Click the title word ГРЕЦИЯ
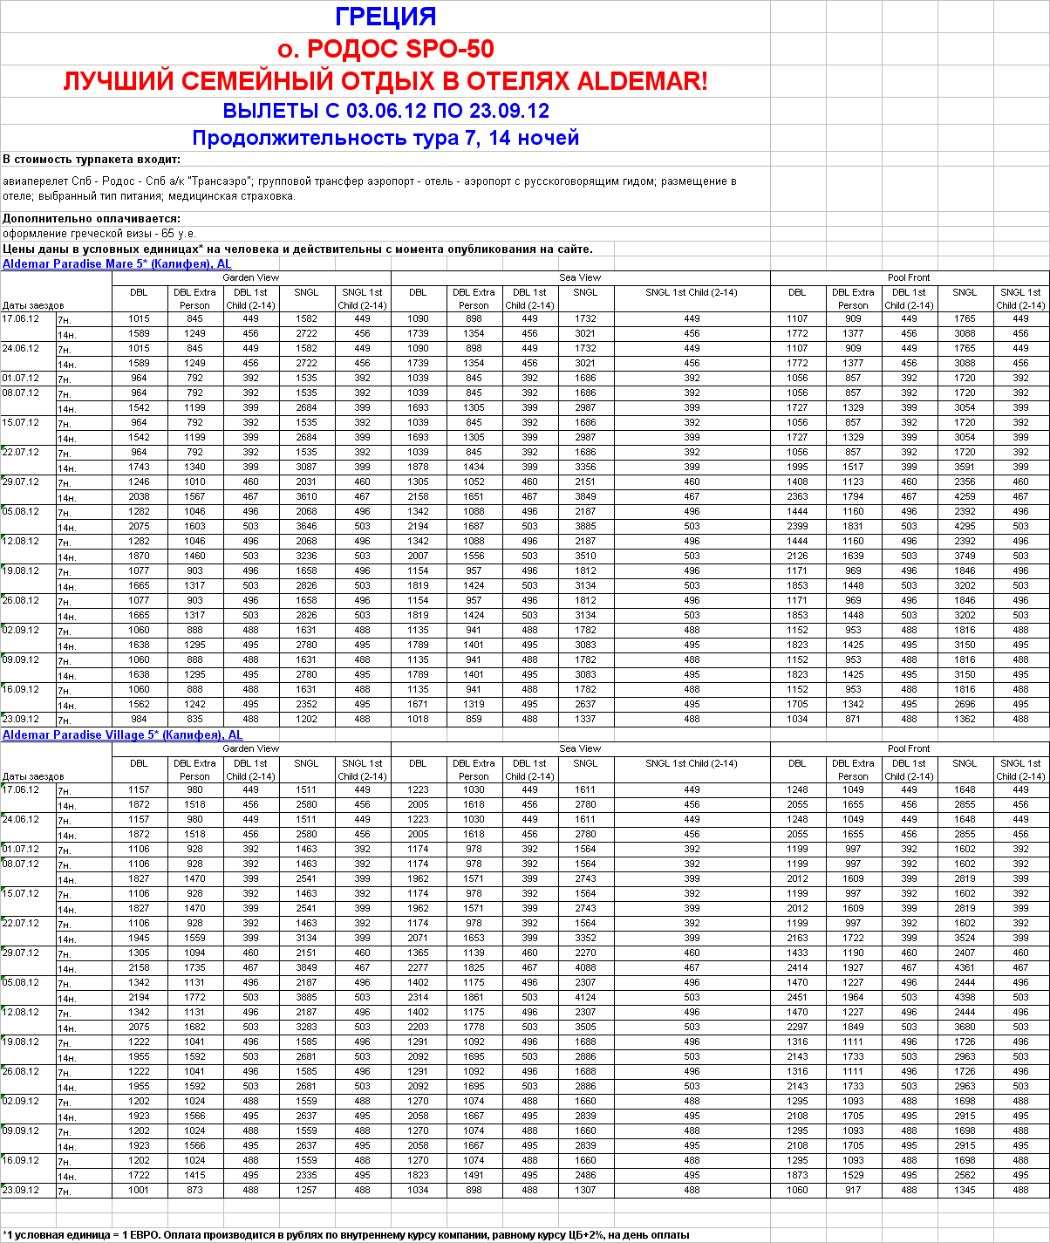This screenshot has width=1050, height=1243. pos(385,17)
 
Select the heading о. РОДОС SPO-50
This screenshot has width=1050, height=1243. pos(385,49)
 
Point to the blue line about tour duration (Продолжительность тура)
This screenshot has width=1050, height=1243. pos(385,138)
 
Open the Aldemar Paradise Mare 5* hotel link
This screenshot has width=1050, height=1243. pos(117,263)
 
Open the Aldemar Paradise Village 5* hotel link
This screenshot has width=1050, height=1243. pos(122,734)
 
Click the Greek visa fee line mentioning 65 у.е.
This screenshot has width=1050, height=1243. pos(99,234)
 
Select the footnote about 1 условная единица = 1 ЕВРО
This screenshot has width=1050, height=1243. pos(345,1234)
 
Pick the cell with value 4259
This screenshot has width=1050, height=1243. pos(965,496)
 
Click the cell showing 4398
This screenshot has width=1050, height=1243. pos(965,997)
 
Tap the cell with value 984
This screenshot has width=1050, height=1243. pos(139,719)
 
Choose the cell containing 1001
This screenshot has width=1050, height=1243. pos(139,1190)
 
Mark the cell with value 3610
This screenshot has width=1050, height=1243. pos(306,496)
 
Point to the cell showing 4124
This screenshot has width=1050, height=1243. pos(585,997)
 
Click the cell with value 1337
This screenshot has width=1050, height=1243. pos(585,719)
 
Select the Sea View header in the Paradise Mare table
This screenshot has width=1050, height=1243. pos(580,277)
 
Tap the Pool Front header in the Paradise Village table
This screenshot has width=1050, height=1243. pos(909,748)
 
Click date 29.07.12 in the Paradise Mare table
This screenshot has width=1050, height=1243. pos(21,481)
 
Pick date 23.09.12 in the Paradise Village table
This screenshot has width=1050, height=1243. pos(21,1190)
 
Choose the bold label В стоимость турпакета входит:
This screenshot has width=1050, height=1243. pos(92,159)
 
